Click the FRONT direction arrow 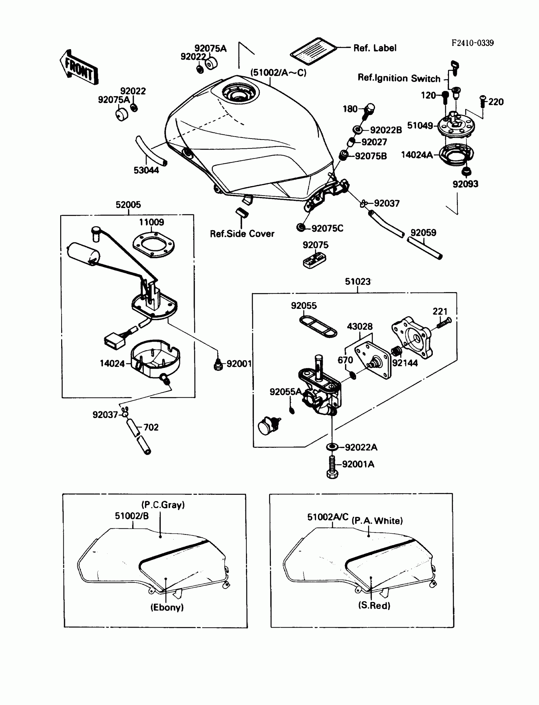79,69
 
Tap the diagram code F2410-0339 472,43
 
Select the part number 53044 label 146,170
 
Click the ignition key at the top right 455,68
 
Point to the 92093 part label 465,184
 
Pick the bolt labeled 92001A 332,467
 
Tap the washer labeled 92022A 332,447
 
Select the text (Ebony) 167,607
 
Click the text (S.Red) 374,605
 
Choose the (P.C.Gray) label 163,505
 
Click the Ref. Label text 375,48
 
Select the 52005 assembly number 128,205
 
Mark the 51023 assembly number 357,281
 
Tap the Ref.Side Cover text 242,234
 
